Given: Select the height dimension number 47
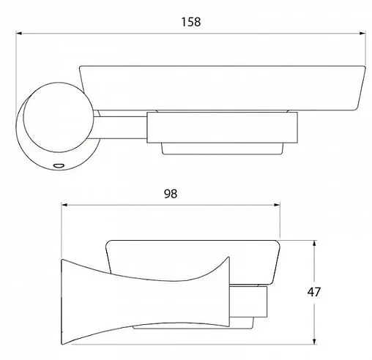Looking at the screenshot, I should coord(336,291).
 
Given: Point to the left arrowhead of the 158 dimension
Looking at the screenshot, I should coord(22,33).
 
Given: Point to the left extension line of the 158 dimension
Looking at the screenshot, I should coord(18,73).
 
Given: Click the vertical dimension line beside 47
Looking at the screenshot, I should coord(315,293).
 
